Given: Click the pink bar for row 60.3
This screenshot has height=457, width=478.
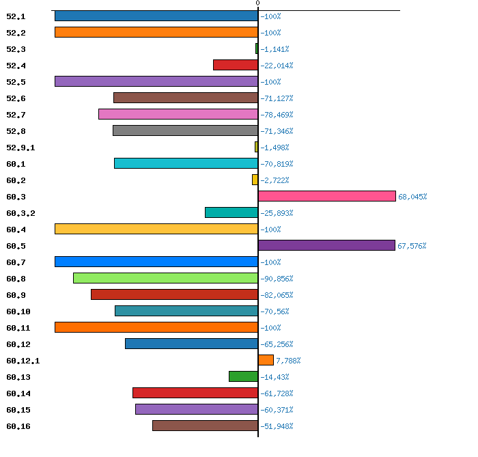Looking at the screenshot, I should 327,196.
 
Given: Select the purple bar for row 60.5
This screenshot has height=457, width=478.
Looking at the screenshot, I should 326,245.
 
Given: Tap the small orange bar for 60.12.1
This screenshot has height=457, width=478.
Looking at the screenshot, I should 266,360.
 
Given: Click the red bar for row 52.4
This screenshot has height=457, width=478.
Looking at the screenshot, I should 236,65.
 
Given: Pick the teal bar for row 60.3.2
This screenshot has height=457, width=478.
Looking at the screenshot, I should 231,212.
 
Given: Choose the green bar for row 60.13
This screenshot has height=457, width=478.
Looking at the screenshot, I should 243,376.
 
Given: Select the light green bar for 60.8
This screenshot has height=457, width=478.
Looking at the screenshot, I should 165,278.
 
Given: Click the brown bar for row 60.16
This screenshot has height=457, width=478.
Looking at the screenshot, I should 205,426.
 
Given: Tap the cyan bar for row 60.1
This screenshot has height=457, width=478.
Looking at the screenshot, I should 186,163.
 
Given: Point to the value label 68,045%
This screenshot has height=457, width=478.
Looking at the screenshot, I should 412,197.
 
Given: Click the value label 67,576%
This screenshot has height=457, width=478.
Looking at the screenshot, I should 412,246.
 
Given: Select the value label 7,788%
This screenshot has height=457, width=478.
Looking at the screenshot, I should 288,361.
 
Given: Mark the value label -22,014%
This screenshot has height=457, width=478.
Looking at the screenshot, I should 277,66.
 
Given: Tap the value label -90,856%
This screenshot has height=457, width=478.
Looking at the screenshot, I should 277,279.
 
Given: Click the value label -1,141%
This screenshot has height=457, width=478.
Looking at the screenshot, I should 275,49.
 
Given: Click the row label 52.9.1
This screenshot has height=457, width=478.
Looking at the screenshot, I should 20,148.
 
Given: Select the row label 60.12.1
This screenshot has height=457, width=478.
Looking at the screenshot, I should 23,361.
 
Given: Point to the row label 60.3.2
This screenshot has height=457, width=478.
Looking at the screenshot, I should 20,213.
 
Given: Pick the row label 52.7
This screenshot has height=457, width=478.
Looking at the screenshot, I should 16,115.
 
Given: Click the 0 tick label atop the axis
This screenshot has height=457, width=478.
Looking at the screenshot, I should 257,3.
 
